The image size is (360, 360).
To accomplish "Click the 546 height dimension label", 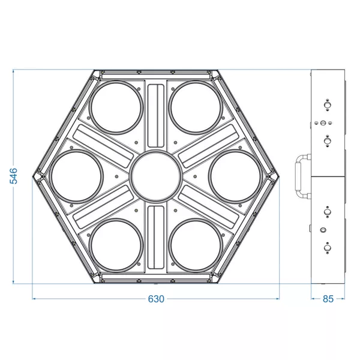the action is (x=14, y=176).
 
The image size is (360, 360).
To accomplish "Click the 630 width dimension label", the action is (x=156, y=299).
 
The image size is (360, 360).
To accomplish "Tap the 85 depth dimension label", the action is (x=328, y=299).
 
